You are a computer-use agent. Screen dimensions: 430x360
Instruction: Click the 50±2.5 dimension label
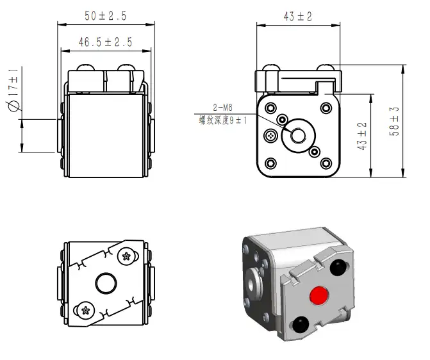pos(106,16)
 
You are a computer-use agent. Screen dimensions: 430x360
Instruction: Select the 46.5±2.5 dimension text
pos(106,42)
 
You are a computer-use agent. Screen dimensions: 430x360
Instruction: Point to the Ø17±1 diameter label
pos(13,90)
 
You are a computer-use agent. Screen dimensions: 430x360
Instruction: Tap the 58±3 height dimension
pos(394,121)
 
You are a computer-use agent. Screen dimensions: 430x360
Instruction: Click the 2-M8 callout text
pos(222,107)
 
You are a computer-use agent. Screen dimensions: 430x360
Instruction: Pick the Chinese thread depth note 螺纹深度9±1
pos(223,120)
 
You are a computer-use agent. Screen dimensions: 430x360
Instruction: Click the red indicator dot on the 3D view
pos(318,295)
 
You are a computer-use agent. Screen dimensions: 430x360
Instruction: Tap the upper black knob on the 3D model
pos(338,267)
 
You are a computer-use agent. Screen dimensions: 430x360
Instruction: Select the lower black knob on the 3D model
pos(301,325)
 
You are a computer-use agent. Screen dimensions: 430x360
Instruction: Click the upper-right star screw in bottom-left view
pos(126,256)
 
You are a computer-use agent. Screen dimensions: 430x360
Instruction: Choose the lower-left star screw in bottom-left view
pos(86,311)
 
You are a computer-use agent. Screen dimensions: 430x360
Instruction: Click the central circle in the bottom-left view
pos(106,283)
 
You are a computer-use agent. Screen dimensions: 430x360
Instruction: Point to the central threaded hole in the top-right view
pos(298,135)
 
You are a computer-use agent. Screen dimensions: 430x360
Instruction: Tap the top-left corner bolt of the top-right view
pos(271,108)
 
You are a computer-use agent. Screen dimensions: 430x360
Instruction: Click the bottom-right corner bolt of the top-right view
pos(326,164)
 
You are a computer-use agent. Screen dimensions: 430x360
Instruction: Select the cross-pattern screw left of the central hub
pos(270,135)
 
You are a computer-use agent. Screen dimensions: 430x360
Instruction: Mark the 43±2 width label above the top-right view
pos(298,17)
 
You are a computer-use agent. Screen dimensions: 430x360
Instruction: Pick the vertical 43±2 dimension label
pos(362,136)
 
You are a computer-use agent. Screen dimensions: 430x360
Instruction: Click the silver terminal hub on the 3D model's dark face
pos(253,284)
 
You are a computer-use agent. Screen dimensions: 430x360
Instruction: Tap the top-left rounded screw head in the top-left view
pos(86,67)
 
